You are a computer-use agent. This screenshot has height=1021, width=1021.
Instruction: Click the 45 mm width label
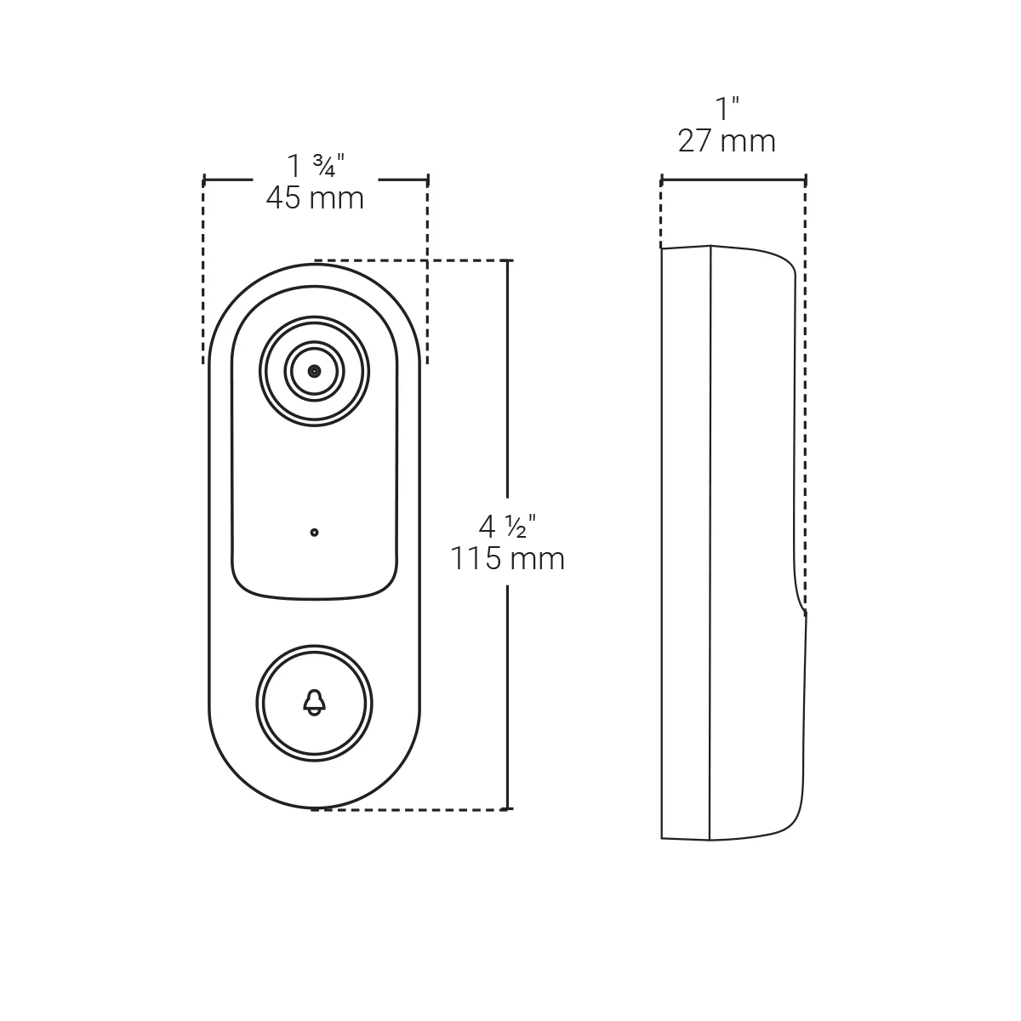click(x=315, y=198)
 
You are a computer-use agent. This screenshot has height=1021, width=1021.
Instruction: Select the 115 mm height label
click(x=507, y=559)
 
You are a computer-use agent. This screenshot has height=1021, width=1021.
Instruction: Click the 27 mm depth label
click(x=727, y=140)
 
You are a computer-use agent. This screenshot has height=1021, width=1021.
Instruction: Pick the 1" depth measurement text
click(x=727, y=109)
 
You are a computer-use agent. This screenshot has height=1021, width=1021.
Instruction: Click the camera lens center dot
click(x=315, y=371)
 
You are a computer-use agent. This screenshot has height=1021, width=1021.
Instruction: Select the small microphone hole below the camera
click(x=315, y=533)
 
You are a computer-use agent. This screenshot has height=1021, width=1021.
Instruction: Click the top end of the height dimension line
click(x=508, y=260)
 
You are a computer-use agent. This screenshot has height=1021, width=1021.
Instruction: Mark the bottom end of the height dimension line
click(x=508, y=809)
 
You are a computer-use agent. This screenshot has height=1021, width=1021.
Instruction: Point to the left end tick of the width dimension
click(x=204, y=180)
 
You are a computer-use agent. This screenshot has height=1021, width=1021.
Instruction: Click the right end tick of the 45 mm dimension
click(x=427, y=180)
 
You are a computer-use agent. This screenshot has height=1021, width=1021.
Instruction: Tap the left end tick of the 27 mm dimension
click(x=662, y=180)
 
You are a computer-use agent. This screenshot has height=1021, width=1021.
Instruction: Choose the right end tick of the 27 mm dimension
click(x=806, y=180)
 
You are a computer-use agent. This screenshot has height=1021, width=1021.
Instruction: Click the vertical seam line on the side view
click(x=710, y=545)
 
